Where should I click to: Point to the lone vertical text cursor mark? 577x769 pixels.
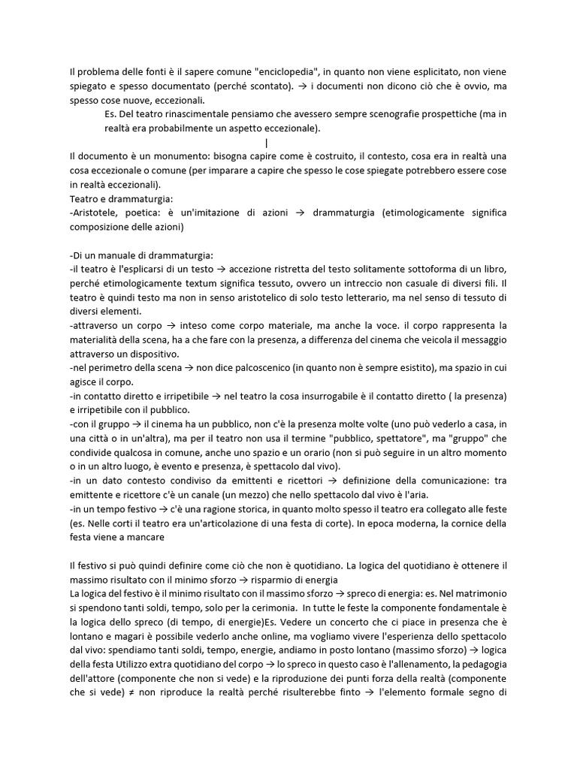tap(267, 143)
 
